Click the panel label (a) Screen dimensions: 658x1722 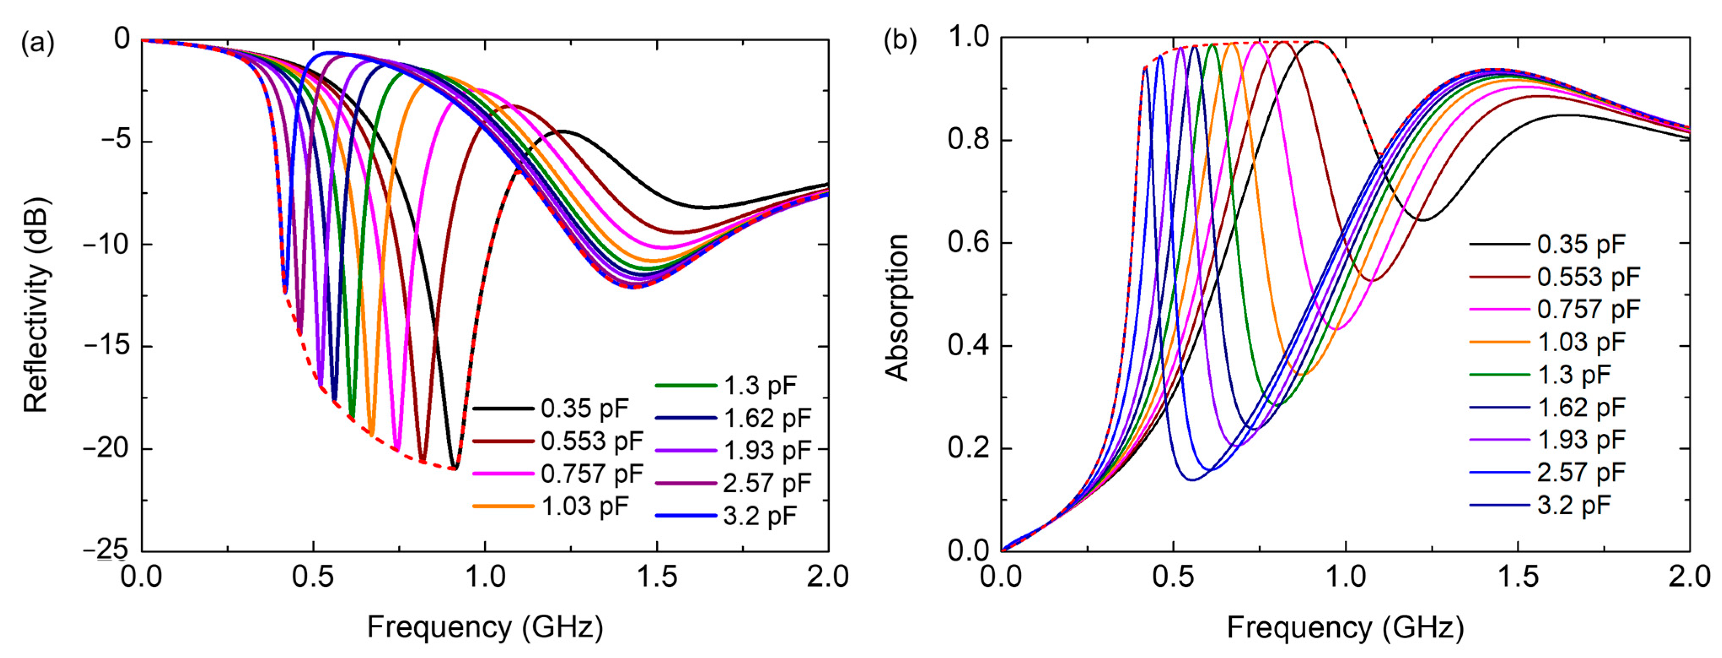tap(38, 43)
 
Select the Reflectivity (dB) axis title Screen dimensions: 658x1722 tap(36, 305)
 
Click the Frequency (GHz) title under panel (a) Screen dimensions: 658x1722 tap(485, 627)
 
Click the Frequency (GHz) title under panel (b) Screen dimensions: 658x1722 tap(1345, 627)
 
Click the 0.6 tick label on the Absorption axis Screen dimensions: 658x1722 tap(968, 243)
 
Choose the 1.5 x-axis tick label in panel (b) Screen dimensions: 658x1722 tap(1518, 576)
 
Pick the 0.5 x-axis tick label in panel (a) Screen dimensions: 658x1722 tap(313, 576)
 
